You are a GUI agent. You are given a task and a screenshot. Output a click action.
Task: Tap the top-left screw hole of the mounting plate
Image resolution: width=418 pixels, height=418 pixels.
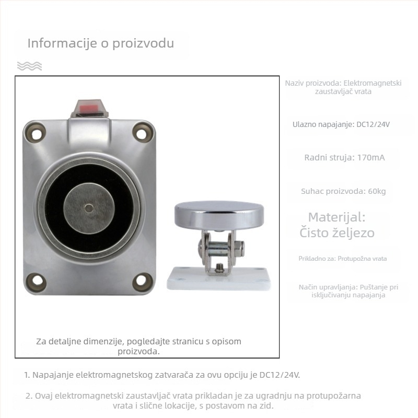point(36,133)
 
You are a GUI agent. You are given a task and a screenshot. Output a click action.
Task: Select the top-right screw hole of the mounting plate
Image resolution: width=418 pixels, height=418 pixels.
point(141,133)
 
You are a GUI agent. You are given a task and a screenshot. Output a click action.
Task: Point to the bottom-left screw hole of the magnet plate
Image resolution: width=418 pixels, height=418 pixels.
point(37,281)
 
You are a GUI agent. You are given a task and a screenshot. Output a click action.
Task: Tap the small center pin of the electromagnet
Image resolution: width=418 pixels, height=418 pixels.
point(89,208)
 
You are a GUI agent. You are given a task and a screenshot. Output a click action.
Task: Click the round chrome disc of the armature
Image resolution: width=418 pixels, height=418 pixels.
point(219,215)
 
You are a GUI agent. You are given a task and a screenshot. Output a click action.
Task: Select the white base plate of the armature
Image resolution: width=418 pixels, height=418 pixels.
point(218,279)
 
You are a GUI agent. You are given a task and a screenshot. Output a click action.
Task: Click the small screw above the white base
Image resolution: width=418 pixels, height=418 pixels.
point(219,268)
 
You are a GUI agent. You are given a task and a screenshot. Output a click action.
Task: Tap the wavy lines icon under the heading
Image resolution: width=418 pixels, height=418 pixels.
point(29,66)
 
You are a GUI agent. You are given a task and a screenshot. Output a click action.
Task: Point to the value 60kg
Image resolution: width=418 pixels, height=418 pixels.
point(377,191)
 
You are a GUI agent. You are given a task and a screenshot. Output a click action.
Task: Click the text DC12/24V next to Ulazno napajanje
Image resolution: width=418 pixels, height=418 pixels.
point(373,124)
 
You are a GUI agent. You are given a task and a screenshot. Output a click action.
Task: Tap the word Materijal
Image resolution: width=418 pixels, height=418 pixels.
point(336,217)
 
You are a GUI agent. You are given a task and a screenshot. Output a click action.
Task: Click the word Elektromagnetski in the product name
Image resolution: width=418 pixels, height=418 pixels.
point(373,83)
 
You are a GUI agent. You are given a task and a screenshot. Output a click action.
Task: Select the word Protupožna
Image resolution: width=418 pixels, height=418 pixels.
point(355,259)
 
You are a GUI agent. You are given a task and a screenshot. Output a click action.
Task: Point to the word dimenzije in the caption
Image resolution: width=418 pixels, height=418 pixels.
point(104,342)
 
